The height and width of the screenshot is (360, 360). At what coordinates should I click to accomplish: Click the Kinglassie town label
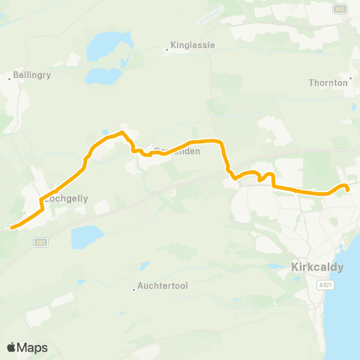[193, 45]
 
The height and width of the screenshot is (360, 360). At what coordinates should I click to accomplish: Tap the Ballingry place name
[31, 76]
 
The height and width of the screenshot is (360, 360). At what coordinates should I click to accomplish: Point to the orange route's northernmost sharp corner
[122, 133]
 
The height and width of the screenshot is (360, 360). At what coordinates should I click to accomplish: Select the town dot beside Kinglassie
[166, 50]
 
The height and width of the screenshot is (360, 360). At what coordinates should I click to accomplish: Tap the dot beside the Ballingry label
[10, 76]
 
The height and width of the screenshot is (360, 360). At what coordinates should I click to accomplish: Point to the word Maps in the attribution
[34, 347]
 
